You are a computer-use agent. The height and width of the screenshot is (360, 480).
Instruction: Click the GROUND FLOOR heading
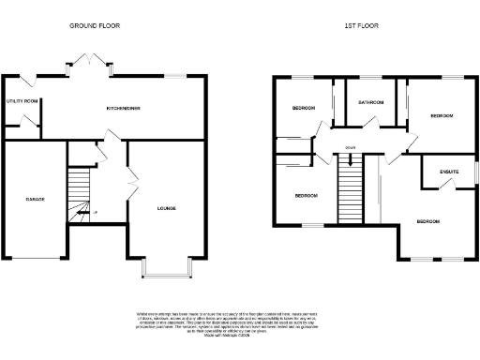coord(95,26)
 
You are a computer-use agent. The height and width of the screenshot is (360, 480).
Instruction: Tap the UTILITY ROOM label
coord(21,99)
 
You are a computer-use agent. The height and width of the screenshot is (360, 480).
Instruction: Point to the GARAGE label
coord(36,200)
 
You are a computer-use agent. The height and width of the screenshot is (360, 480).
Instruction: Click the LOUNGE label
coord(166,207)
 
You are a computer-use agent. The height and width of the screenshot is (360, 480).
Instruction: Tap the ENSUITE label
coord(437,172)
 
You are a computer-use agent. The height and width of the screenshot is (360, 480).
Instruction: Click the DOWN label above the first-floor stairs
coord(350,147)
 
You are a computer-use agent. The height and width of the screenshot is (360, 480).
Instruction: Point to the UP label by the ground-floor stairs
coord(95,214)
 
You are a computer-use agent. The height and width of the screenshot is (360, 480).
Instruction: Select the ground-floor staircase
coord(81,191)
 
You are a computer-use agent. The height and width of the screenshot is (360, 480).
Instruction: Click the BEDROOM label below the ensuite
coord(427,221)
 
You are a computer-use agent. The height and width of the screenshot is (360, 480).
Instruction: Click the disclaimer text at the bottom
coord(241,322)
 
